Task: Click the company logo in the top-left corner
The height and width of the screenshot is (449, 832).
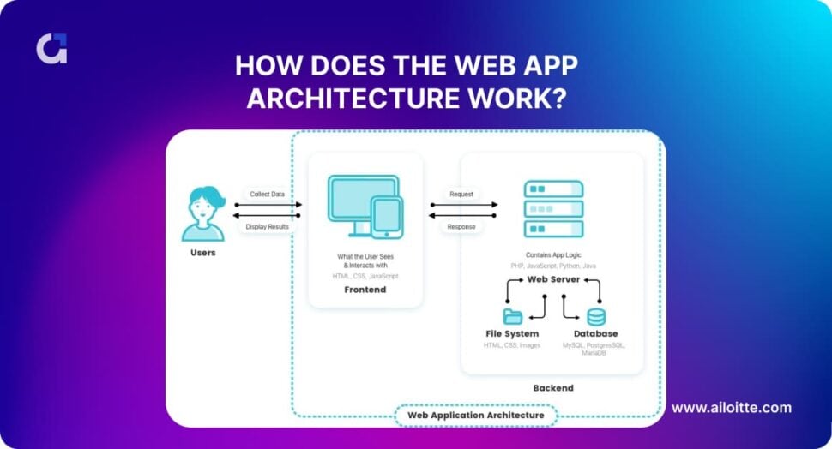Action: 51,49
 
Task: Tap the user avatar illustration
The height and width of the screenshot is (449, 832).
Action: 203,214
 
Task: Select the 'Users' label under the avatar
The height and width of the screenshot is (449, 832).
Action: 203,254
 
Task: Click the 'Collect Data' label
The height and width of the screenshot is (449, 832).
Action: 267,195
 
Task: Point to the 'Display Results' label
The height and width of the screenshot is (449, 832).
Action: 267,227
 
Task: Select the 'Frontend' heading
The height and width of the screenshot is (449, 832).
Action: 365,290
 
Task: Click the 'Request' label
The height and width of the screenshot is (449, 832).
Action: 461,195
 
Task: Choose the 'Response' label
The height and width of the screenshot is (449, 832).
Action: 461,227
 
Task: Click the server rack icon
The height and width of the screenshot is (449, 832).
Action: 553,209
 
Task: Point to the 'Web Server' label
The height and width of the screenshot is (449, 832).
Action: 553,279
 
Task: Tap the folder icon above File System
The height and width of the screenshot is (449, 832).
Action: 513,316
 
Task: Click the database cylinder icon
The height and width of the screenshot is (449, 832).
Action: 595,316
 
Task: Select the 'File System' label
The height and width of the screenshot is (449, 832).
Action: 512,333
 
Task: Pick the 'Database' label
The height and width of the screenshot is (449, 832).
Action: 594,333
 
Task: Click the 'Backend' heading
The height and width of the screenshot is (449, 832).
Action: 553,388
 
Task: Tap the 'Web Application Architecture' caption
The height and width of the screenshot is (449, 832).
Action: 475,415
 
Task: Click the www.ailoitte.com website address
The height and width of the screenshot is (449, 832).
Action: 731,408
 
